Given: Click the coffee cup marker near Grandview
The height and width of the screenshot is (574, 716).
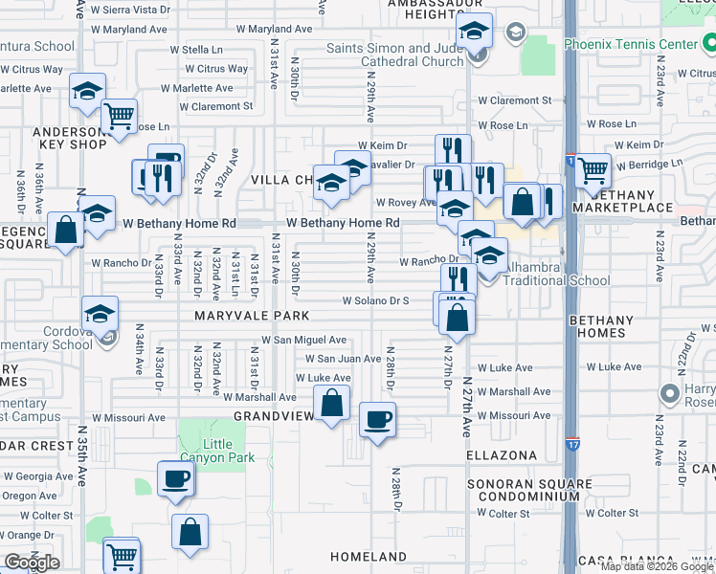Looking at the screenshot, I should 378,419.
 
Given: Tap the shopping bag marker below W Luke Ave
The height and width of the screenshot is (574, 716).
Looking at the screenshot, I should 331,403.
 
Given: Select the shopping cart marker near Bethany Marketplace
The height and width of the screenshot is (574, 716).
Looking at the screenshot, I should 593,170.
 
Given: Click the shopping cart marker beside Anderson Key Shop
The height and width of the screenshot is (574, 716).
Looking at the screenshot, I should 120,116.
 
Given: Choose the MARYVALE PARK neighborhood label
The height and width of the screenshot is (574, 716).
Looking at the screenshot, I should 252,316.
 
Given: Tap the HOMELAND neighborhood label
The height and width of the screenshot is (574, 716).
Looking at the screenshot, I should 369,557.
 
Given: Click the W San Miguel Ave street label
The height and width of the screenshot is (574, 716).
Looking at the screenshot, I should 303,340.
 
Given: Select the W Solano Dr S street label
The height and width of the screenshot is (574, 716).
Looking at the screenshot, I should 376,300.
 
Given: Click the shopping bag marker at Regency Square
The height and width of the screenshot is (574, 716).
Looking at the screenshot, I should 65,230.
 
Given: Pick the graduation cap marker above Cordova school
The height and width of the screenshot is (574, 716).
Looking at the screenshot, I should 100,312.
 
